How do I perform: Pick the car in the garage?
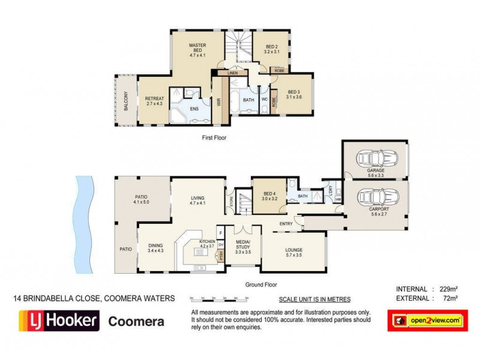[x=375, y=159]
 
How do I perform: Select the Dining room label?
[x=155, y=247]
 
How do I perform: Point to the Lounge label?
[x=294, y=253]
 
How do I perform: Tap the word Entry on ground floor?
[x=286, y=224]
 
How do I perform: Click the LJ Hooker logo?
[x=59, y=322]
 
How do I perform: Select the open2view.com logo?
[x=427, y=320]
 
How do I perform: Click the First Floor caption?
[x=214, y=137]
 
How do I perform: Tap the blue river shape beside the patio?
[x=83, y=222]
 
